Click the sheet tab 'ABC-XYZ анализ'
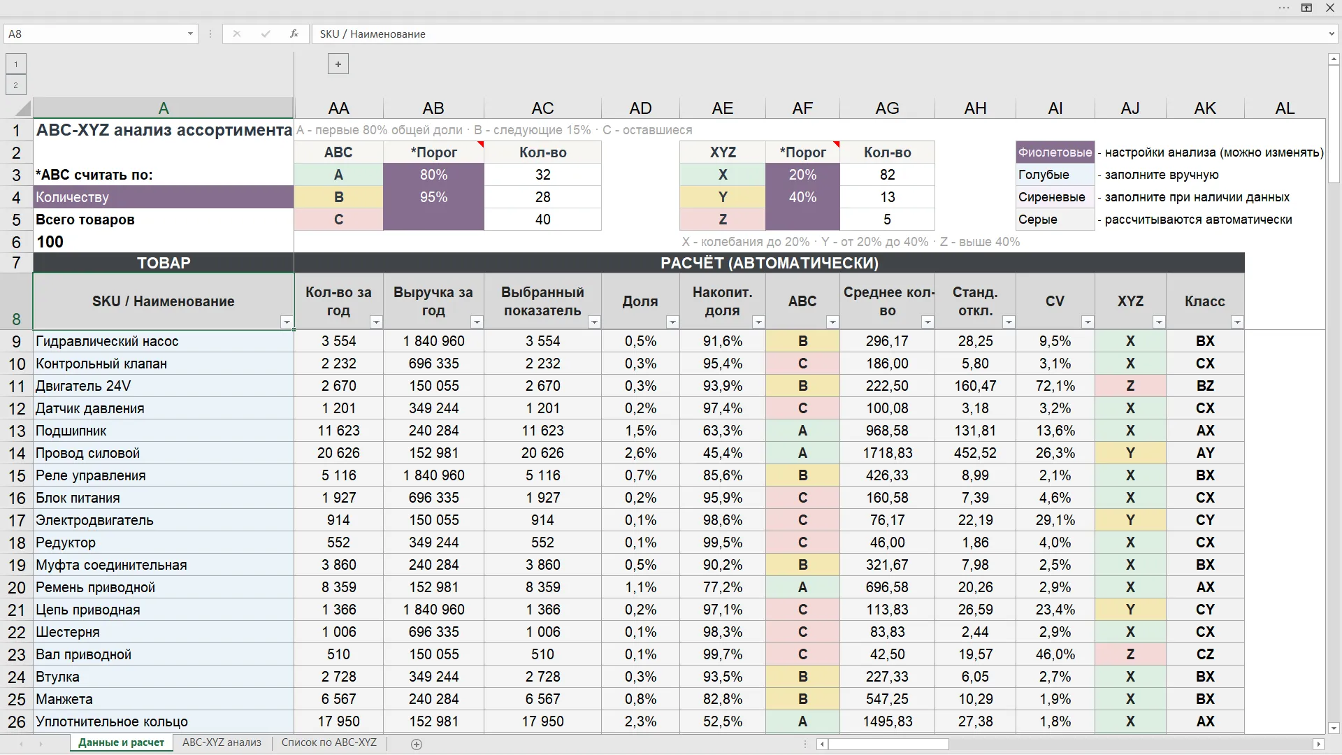[222, 742]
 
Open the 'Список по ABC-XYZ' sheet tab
[329, 742]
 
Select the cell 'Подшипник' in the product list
[164, 431]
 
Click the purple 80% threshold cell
[433, 175]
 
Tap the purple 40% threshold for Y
[802, 197]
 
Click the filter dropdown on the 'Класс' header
[1237, 322]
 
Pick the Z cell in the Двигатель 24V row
[1130, 386]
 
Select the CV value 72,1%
[1055, 386]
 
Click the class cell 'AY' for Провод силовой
[1205, 453]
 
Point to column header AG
[887, 108]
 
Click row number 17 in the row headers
[17, 520]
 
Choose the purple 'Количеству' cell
[164, 197]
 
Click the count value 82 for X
[887, 175]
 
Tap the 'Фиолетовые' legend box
[1055, 152]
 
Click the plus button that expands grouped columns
[338, 64]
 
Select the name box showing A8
[101, 34]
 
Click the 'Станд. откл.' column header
[975, 301]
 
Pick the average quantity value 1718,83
[887, 453]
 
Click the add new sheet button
[417, 745]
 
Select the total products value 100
[50, 242]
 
